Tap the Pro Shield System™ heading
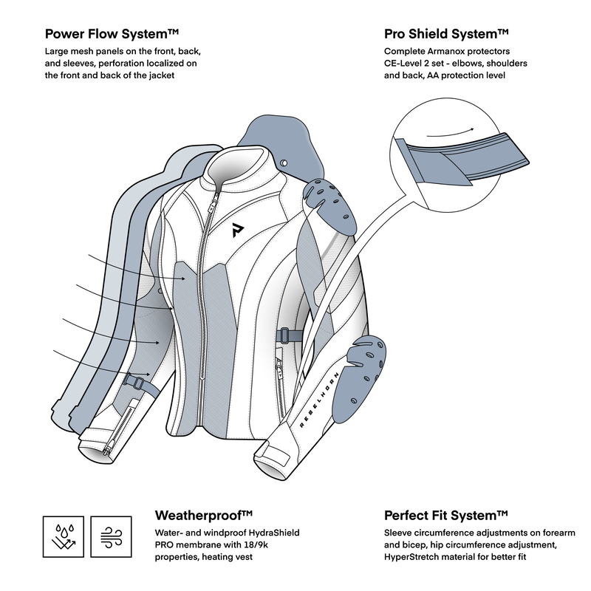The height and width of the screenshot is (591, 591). (447, 34)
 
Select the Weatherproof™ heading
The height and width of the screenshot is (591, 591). (205, 515)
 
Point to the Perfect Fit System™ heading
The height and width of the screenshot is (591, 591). (446, 515)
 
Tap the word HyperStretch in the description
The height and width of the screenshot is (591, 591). (414, 556)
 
